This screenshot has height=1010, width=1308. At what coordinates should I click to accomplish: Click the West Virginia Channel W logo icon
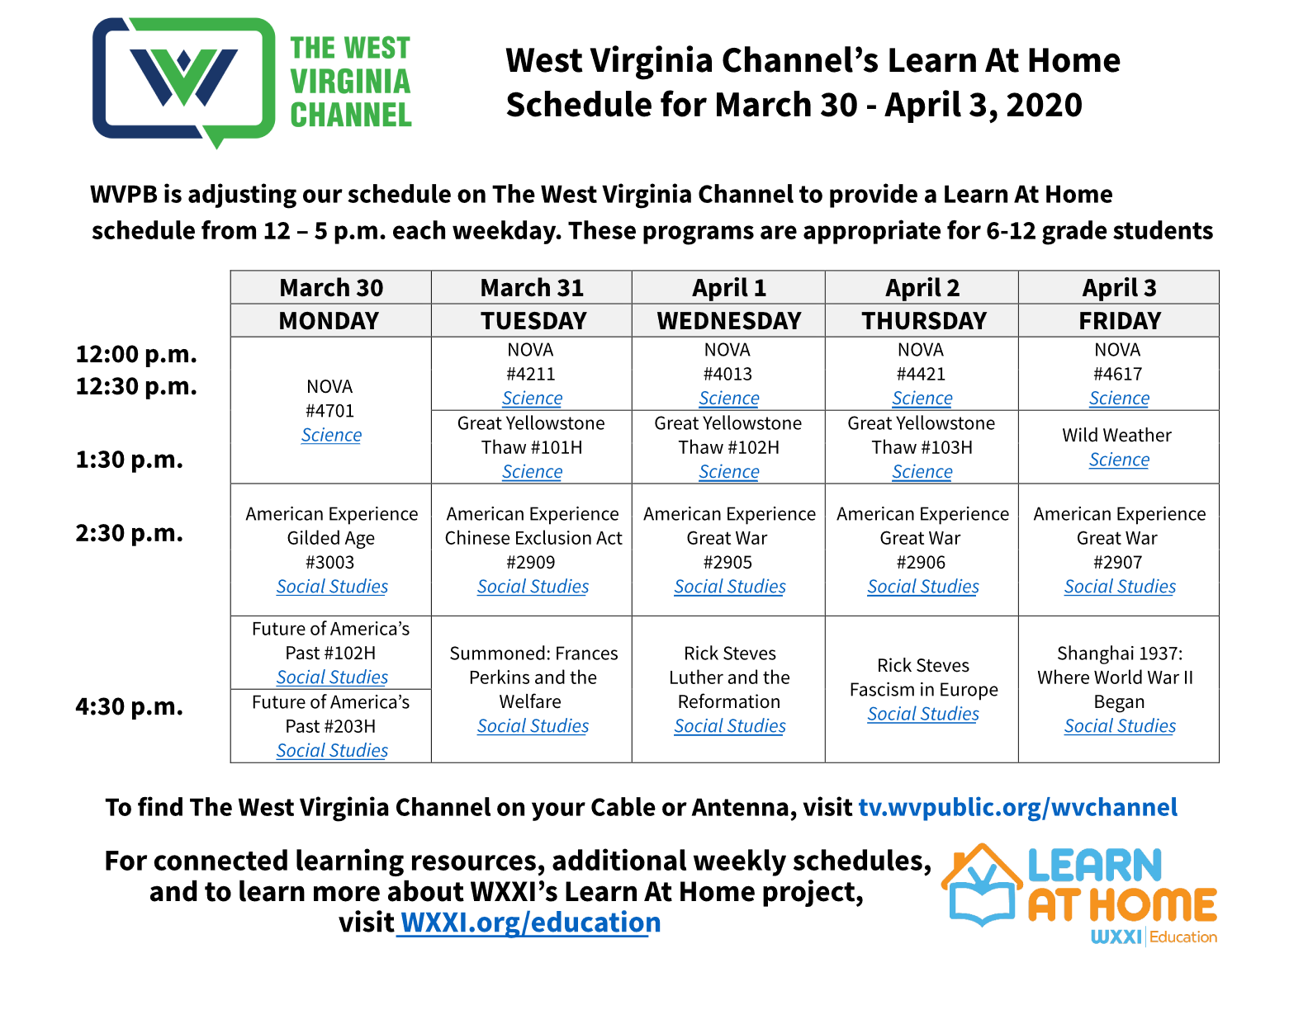coord(183,82)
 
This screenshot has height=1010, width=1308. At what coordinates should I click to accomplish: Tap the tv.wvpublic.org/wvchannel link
coord(1017,807)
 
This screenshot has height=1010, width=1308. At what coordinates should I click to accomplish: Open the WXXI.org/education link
coord(530,923)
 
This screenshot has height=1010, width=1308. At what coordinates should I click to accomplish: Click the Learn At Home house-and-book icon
coord(982,885)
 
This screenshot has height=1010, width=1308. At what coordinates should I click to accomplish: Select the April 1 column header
coord(729,287)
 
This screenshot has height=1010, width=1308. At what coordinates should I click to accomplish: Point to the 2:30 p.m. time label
coord(130,533)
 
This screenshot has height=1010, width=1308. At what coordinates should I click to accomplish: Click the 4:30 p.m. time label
coord(130,706)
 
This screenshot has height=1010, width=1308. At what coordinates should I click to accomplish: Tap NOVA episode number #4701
coord(329,411)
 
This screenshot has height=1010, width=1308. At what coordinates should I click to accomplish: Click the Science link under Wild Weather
coord(1119,460)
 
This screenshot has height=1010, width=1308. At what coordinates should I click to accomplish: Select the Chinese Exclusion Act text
coord(533,538)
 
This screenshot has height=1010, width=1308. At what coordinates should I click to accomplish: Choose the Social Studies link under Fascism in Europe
coord(922,714)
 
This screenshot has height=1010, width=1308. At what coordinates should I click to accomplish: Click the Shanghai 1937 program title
coord(1118,677)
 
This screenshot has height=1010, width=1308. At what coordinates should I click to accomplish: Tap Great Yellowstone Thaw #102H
coord(728,436)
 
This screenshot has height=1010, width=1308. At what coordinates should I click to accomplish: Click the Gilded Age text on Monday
coord(330,538)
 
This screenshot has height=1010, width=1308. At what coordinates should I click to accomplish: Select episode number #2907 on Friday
coord(1118,563)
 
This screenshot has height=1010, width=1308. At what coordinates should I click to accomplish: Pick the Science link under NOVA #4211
coord(532,399)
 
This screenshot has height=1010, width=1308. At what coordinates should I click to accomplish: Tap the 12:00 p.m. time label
coord(136,354)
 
